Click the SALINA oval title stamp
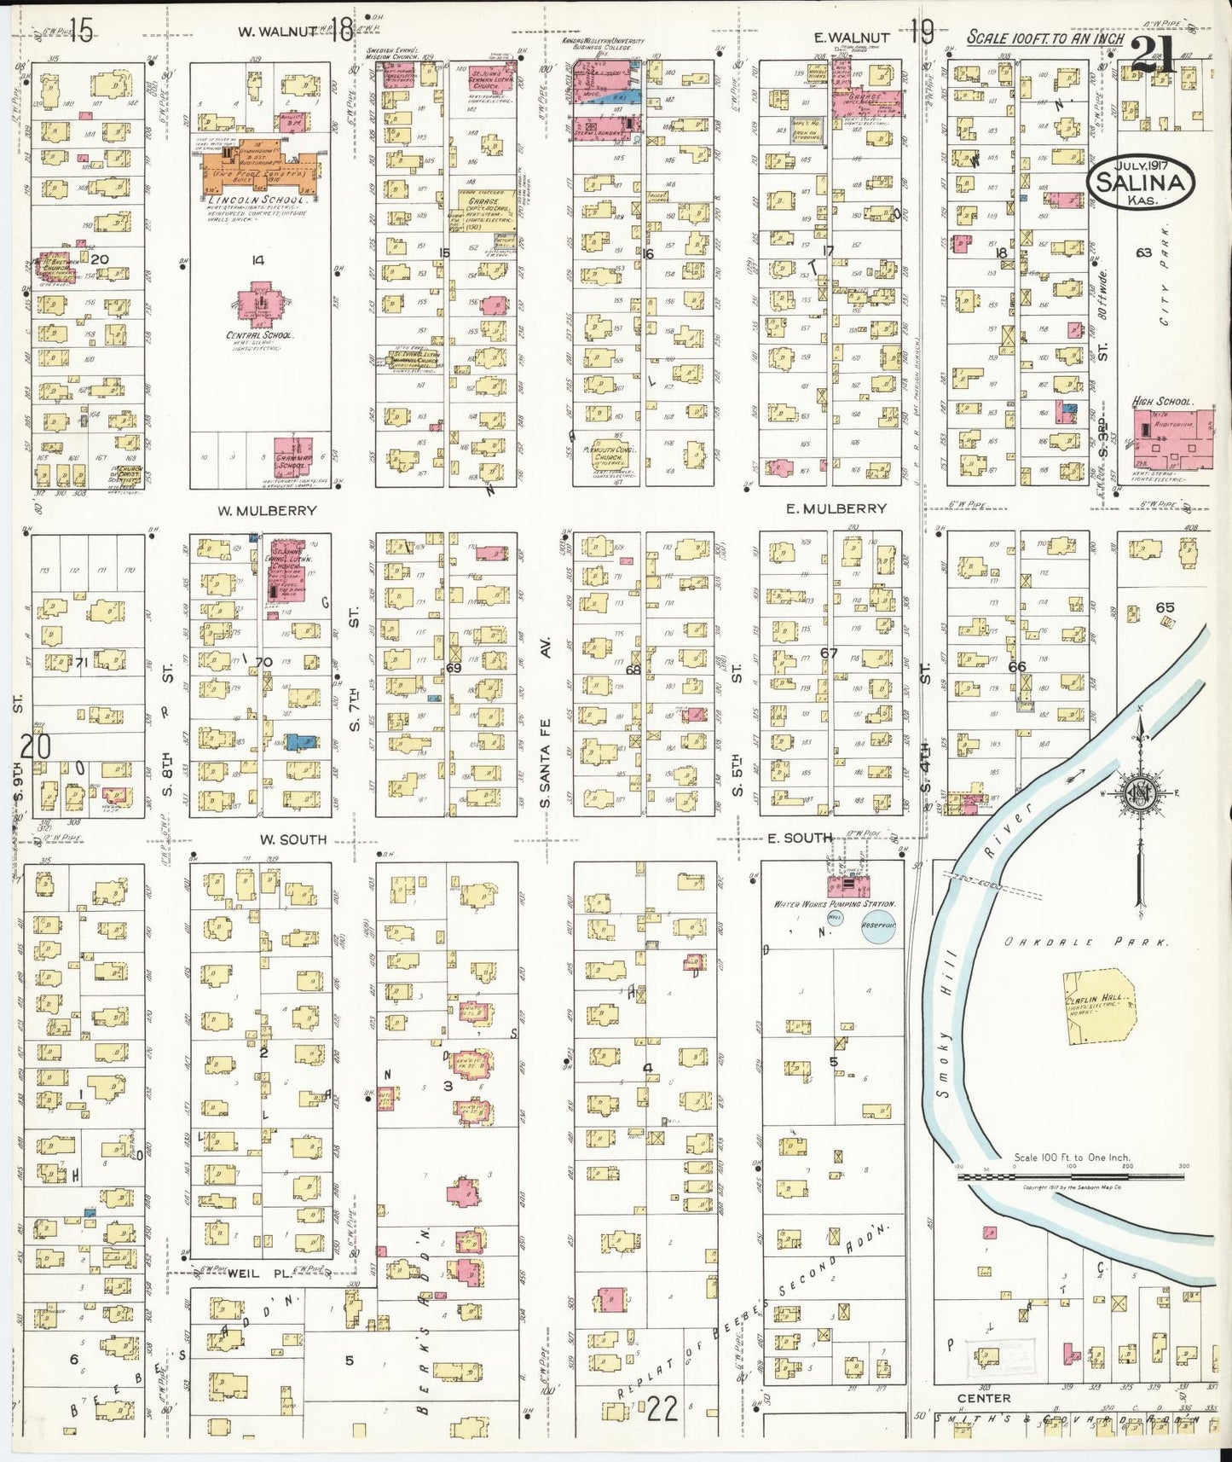(1141, 182)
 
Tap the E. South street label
(799, 838)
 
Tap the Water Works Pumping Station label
(834, 903)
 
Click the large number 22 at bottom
(662, 1409)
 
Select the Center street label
(983, 1398)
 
